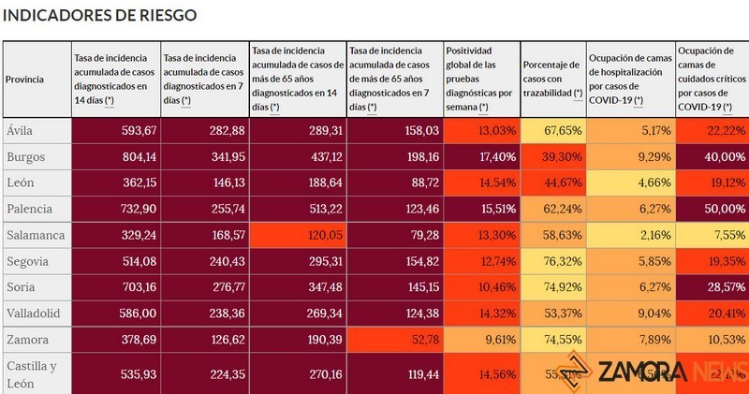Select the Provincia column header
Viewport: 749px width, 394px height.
coord(25,80)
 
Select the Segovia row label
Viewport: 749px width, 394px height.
coord(27,261)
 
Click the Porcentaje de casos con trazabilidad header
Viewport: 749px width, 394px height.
coord(552,80)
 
